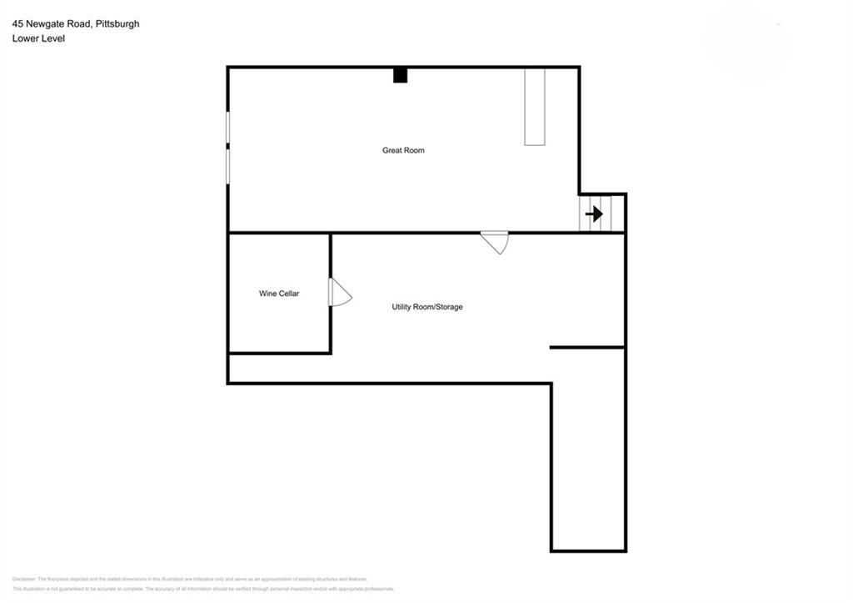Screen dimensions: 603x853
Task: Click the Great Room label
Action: pyautogui.click(x=403, y=151)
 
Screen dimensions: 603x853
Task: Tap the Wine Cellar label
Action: pyautogui.click(x=279, y=294)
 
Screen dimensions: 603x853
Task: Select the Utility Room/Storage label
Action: pyautogui.click(x=427, y=307)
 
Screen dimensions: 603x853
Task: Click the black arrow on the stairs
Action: pyautogui.click(x=594, y=214)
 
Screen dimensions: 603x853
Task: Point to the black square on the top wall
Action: pyautogui.click(x=400, y=75)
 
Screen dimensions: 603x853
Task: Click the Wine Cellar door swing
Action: pyautogui.click(x=340, y=293)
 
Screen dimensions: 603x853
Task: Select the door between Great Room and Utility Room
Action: pyautogui.click(x=496, y=241)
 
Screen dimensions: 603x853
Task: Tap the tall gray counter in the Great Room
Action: pyautogui.click(x=534, y=107)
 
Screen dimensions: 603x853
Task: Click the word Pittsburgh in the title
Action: pyautogui.click(x=117, y=24)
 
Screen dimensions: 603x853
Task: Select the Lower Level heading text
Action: pyautogui.click(x=38, y=38)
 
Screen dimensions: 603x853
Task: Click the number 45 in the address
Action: pyautogui.click(x=17, y=24)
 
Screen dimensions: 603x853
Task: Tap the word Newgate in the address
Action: pyautogui.click(x=44, y=24)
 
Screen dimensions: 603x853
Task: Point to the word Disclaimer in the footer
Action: pyautogui.click(x=24, y=579)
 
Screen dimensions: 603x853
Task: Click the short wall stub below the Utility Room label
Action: pyautogui.click(x=586, y=347)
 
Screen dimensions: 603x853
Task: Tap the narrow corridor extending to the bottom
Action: pyautogui.click(x=588, y=467)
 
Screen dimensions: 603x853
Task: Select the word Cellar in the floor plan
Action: pyautogui.click(x=289, y=294)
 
